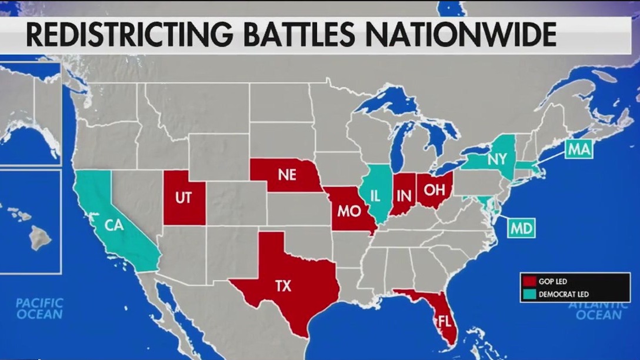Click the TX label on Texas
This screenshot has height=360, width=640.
pos(283,286)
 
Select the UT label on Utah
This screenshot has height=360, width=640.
pos(184,198)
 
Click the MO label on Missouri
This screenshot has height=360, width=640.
pos(349,211)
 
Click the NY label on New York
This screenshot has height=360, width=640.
pos(496,159)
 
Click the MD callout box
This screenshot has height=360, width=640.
pos(521,228)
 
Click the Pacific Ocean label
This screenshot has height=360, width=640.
pos(39,308)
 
